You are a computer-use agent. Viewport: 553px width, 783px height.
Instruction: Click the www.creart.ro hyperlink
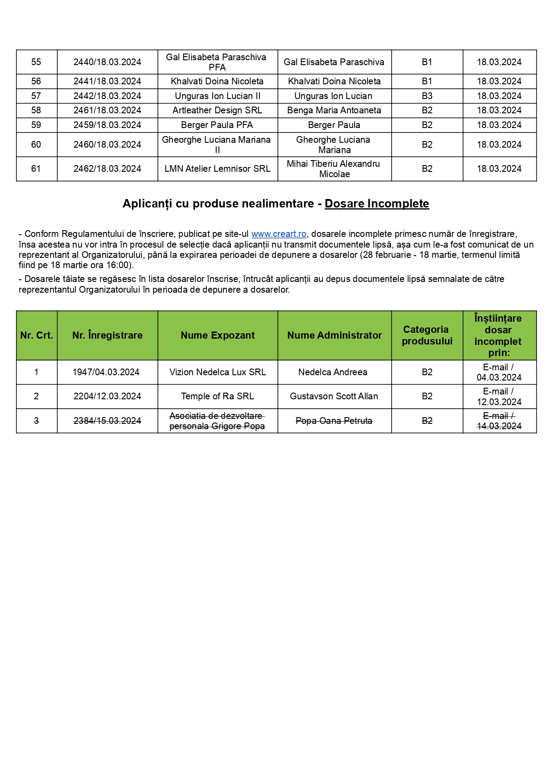pyautogui.click(x=279, y=234)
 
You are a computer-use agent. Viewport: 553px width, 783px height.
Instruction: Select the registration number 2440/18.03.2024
pyautogui.click(x=107, y=62)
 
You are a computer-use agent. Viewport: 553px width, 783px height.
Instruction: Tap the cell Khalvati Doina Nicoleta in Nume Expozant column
pyautogui.click(x=217, y=81)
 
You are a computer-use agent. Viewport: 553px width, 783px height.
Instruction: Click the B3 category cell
pyautogui.click(x=427, y=96)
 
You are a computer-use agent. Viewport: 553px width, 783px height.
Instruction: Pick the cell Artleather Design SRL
pyautogui.click(x=217, y=110)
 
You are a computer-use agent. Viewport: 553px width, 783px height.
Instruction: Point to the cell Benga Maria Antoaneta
pyautogui.click(x=334, y=110)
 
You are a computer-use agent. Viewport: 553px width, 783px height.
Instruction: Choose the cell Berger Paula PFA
pyautogui.click(x=217, y=125)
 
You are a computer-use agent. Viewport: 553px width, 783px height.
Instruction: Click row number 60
pyautogui.click(x=36, y=145)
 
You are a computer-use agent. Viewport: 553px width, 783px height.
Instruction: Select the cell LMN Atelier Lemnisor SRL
pyautogui.click(x=217, y=169)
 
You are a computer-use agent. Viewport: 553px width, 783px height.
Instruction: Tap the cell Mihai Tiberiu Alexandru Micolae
pyautogui.click(x=334, y=169)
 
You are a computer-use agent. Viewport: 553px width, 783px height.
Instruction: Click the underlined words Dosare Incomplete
pyautogui.click(x=376, y=203)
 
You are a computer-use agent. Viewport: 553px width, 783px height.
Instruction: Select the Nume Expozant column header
pyautogui.click(x=217, y=335)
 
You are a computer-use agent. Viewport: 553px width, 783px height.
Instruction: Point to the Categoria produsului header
pyautogui.click(x=427, y=335)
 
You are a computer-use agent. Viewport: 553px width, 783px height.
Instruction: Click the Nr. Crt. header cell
pyautogui.click(x=36, y=335)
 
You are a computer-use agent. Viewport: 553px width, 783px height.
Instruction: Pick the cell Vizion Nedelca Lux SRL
pyautogui.click(x=217, y=372)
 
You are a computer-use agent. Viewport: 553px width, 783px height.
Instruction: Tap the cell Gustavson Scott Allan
pyautogui.click(x=334, y=396)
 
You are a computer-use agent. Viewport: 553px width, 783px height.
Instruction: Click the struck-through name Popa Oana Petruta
pyautogui.click(x=334, y=421)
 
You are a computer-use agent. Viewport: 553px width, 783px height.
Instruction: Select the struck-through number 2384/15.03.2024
pyautogui.click(x=107, y=421)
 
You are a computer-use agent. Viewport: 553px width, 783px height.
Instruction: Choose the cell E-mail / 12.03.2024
pyautogui.click(x=499, y=397)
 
